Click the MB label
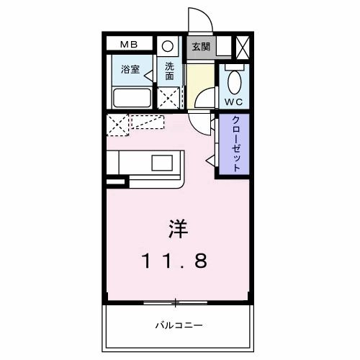point(129,45)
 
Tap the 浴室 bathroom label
point(130,69)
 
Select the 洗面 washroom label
point(169,71)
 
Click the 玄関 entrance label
point(201,47)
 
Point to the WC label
point(234,102)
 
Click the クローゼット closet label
point(236,143)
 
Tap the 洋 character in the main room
point(179,229)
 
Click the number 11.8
point(175,261)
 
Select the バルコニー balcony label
point(179,325)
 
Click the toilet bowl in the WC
point(235,82)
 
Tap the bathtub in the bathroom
point(132,98)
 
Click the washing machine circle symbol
point(168,46)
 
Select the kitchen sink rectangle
point(162,163)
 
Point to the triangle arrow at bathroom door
point(148,76)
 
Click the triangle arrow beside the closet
point(211,161)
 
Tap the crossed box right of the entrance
point(243,47)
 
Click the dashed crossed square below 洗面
point(168,98)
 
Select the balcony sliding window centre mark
point(176,302)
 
